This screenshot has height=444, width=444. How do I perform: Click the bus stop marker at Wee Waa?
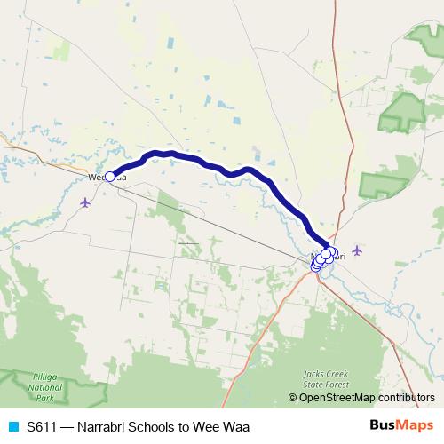110,176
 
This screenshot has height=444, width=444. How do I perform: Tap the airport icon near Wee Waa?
85,202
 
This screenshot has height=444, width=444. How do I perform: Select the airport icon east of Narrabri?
357,250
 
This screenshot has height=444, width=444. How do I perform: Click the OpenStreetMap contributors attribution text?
367,398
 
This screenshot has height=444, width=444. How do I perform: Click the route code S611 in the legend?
44,426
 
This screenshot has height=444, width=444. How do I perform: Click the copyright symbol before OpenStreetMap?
293,398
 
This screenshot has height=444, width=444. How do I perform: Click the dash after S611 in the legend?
69,426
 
